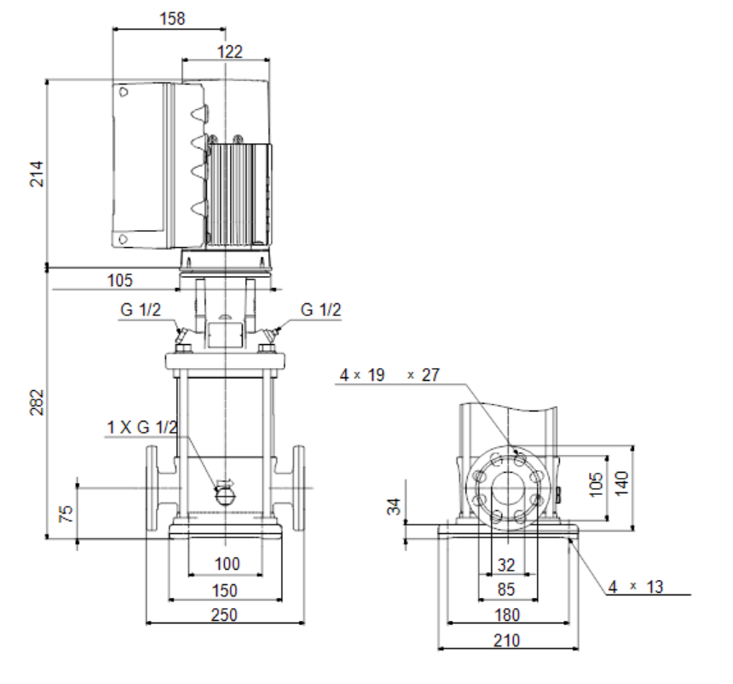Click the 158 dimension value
coord(172,18)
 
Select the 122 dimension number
coord(230,51)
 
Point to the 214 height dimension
coord(37,174)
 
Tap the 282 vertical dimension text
coord(37,402)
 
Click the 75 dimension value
coord(66,513)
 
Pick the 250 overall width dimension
coord(224,615)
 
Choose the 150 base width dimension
coord(225,590)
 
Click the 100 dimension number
coord(228,564)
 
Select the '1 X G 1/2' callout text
coord(142,427)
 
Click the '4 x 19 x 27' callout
coord(390,375)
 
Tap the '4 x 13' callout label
coord(636,587)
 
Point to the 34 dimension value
coord(395,507)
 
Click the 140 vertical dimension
coord(621,484)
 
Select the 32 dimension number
coord(506,566)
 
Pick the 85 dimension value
coord(506,589)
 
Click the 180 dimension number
coord(507,615)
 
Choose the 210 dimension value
coord(507,641)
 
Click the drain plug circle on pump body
coord(226,496)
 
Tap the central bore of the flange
coord(508,488)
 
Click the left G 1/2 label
coord(141,309)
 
